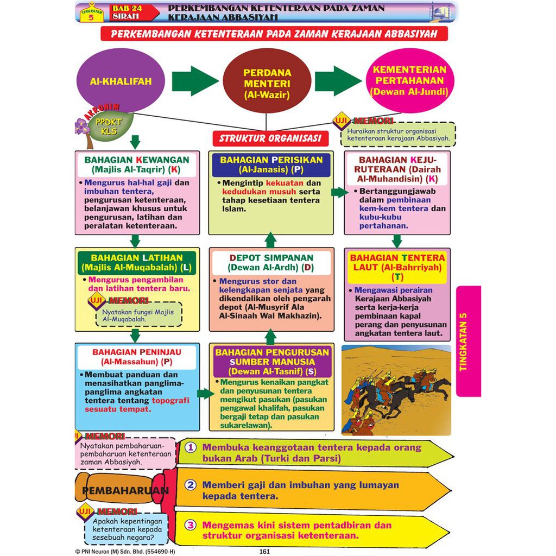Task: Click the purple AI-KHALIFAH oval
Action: [121, 80]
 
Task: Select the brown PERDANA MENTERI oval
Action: [267, 81]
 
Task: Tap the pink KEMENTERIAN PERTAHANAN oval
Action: [410, 80]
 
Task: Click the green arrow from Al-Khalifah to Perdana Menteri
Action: [195, 80]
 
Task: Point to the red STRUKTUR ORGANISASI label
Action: [270, 138]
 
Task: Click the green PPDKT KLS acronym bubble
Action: [109, 126]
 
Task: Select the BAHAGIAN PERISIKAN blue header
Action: [271, 165]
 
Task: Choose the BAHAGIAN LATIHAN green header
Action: [137, 263]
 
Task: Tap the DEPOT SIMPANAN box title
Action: [271, 263]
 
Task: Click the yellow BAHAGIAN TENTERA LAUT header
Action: [397, 267]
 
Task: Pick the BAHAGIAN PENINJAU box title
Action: [137, 357]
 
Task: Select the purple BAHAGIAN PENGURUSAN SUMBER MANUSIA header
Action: [272, 362]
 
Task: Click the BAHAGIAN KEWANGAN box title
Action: [137, 165]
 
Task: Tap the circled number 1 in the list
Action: [191, 447]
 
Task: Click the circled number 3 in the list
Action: [191, 525]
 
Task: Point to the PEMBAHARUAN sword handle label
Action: [125, 491]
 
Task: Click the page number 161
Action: [264, 552]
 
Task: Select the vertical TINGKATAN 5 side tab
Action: [469, 341]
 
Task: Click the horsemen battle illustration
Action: [396, 390]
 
